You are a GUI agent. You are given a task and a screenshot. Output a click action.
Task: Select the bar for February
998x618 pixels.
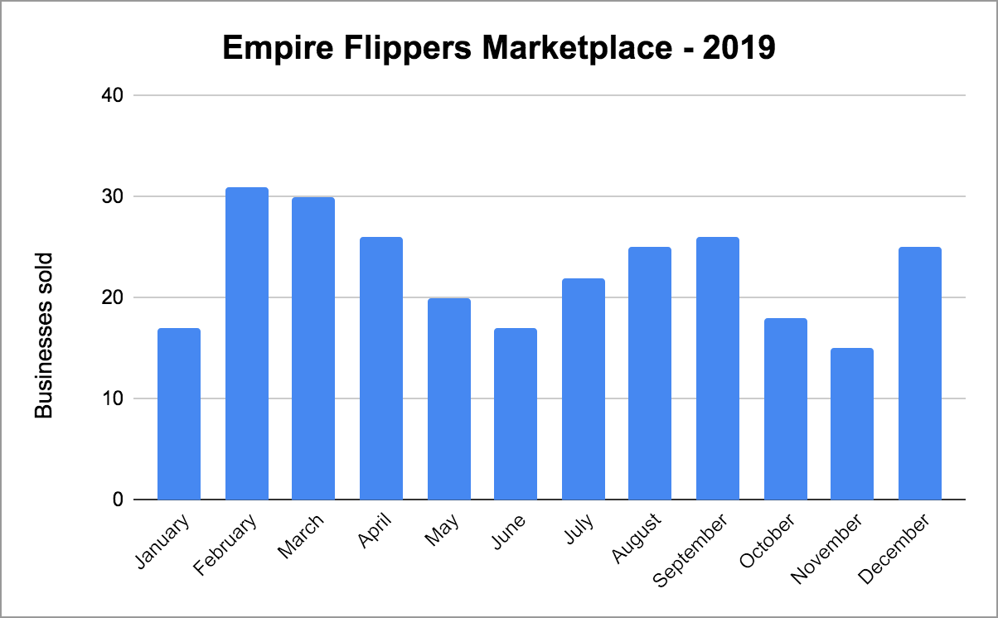[x=246, y=344]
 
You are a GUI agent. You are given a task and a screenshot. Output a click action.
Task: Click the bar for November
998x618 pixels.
[x=852, y=424]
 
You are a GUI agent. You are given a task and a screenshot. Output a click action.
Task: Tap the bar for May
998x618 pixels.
[x=448, y=399]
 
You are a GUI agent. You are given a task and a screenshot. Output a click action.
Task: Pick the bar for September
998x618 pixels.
[x=718, y=369]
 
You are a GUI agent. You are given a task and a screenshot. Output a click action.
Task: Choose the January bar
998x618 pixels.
[x=179, y=414]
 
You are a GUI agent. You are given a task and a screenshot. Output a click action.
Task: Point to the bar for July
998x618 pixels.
[x=583, y=389]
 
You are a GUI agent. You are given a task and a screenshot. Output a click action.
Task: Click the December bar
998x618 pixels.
[x=919, y=374]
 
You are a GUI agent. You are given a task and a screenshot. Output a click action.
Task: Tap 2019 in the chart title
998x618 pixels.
[x=739, y=49]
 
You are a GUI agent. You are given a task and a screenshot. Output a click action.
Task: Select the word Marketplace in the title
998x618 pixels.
[x=564, y=49]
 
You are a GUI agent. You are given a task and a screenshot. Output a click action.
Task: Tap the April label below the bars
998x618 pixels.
[x=375, y=532]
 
